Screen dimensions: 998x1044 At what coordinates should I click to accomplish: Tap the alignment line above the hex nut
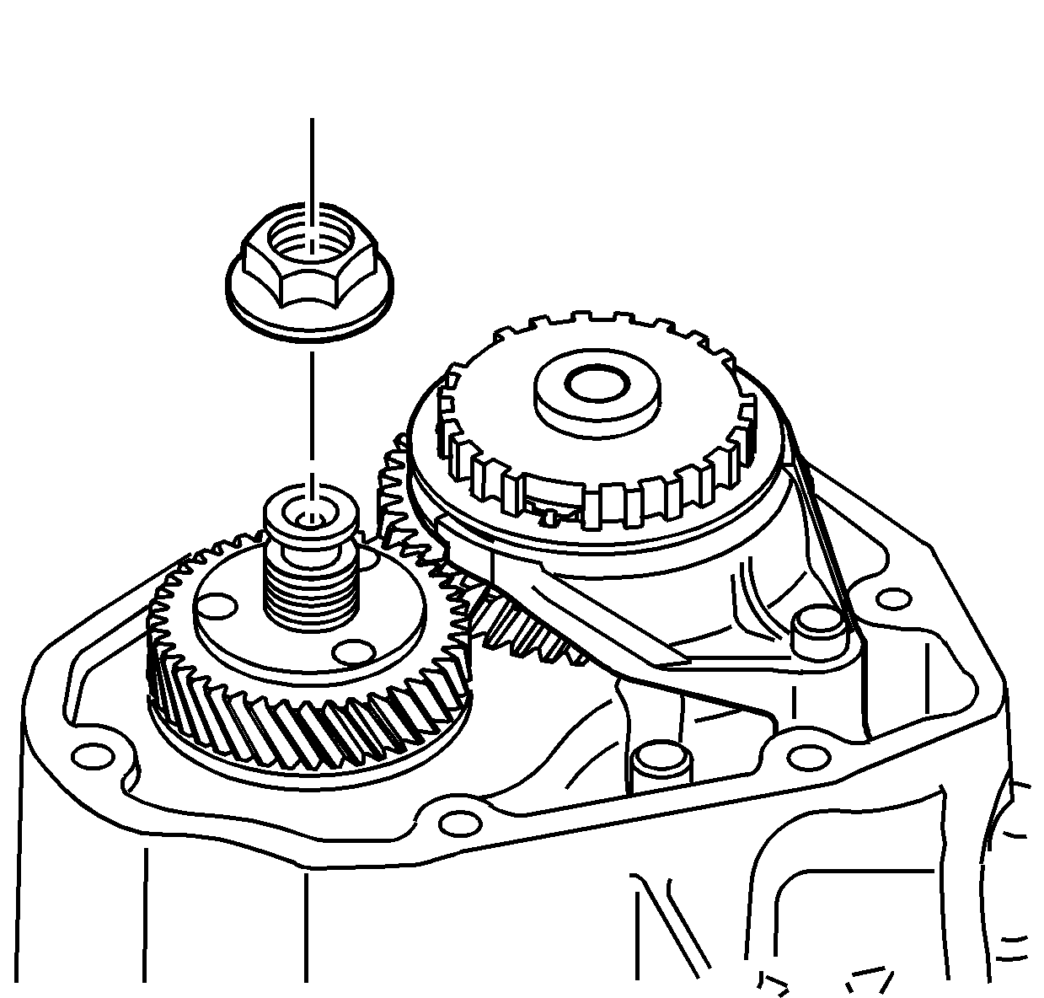pos(312,160)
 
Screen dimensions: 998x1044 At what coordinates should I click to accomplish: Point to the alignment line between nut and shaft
pos(312,405)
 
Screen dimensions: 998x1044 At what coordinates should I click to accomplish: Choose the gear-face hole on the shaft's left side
pos(222,607)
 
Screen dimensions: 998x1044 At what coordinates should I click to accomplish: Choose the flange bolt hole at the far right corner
pos(891,599)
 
